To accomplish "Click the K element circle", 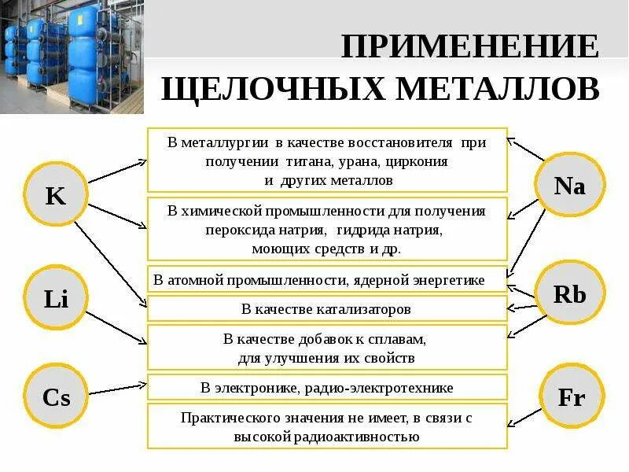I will point(56,195).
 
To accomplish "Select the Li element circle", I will point(56,297).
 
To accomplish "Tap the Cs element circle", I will point(56,397).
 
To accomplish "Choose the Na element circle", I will point(569,186).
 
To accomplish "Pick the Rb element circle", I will point(569,294).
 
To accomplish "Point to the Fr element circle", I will point(571,397).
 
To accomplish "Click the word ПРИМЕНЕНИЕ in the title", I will point(469,47).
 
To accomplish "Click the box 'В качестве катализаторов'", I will point(327,309).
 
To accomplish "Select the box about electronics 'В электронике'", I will point(327,388).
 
